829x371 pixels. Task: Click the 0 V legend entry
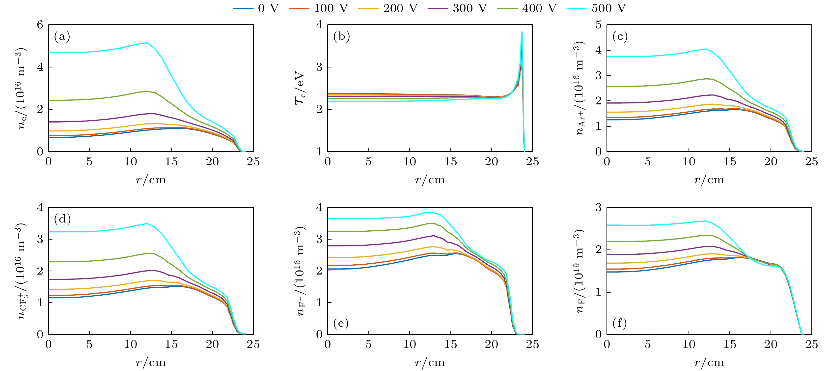[256, 8]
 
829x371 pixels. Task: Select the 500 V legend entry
[596, 8]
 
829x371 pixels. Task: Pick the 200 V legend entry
[388, 8]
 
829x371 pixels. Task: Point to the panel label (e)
[341, 323]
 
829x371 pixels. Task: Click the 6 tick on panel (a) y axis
[40, 25]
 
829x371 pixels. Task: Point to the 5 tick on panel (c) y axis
[598, 25]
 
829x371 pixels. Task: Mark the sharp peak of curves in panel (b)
[522, 32]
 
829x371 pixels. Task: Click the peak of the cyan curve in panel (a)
[147, 43]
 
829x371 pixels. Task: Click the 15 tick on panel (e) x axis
[450, 344]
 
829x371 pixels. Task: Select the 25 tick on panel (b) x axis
[532, 162]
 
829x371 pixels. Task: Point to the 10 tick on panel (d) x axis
[130, 344]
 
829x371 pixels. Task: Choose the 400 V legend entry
[527, 8]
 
